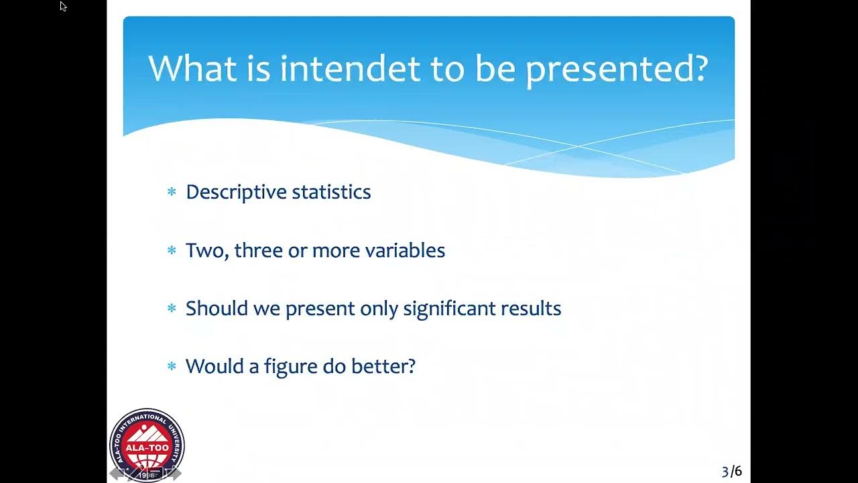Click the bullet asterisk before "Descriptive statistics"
pos(172,193)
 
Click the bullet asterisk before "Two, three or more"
pos(172,251)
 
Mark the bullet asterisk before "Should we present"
pos(172,309)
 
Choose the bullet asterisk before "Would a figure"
pos(172,367)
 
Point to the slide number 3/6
pos(731,472)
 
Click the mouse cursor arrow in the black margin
pos(63,7)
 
